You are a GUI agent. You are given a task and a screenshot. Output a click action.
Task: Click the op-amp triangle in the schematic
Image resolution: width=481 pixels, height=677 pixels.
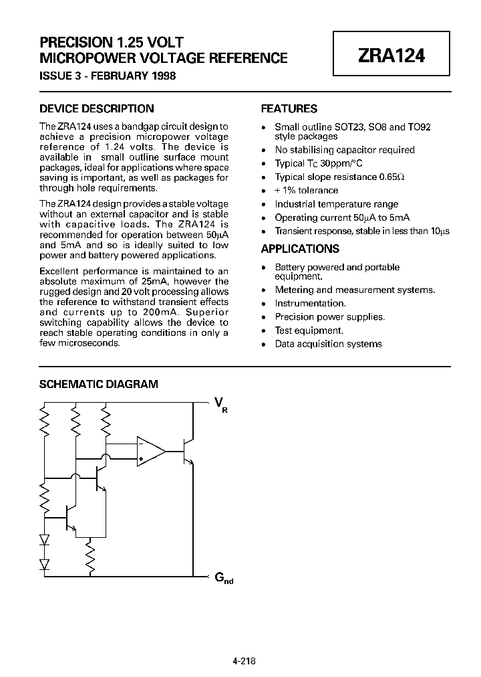pyautogui.click(x=150, y=450)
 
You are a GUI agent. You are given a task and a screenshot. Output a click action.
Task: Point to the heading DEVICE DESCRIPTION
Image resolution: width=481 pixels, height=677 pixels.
pyautogui.click(x=97, y=108)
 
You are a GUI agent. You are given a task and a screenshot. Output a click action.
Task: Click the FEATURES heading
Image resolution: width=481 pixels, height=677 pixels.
pyautogui.click(x=289, y=108)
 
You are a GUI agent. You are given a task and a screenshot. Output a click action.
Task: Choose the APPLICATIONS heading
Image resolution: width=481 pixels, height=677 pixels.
pyautogui.click(x=300, y=249)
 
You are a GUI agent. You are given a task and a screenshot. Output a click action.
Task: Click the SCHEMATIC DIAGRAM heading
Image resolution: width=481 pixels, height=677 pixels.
pyautogui.click(x=99, y=384)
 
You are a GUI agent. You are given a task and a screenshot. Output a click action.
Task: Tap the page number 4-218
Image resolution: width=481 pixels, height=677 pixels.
pyautogui.click(x=245, y=660)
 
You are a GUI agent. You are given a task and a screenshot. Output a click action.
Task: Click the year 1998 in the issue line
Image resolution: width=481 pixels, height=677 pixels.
pyautogui.click(x=163, y=76)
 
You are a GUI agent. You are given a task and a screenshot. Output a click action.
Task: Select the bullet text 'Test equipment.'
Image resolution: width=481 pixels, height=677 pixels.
pyautogui.click(x=309, y=330)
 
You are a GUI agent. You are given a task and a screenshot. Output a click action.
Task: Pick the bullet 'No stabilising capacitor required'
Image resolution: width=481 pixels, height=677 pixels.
pyautogui.click(x=345, y=150)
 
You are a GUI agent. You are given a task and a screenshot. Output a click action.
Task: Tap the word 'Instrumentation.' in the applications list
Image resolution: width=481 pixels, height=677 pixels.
pyautogui.click(x=311, y=304)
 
